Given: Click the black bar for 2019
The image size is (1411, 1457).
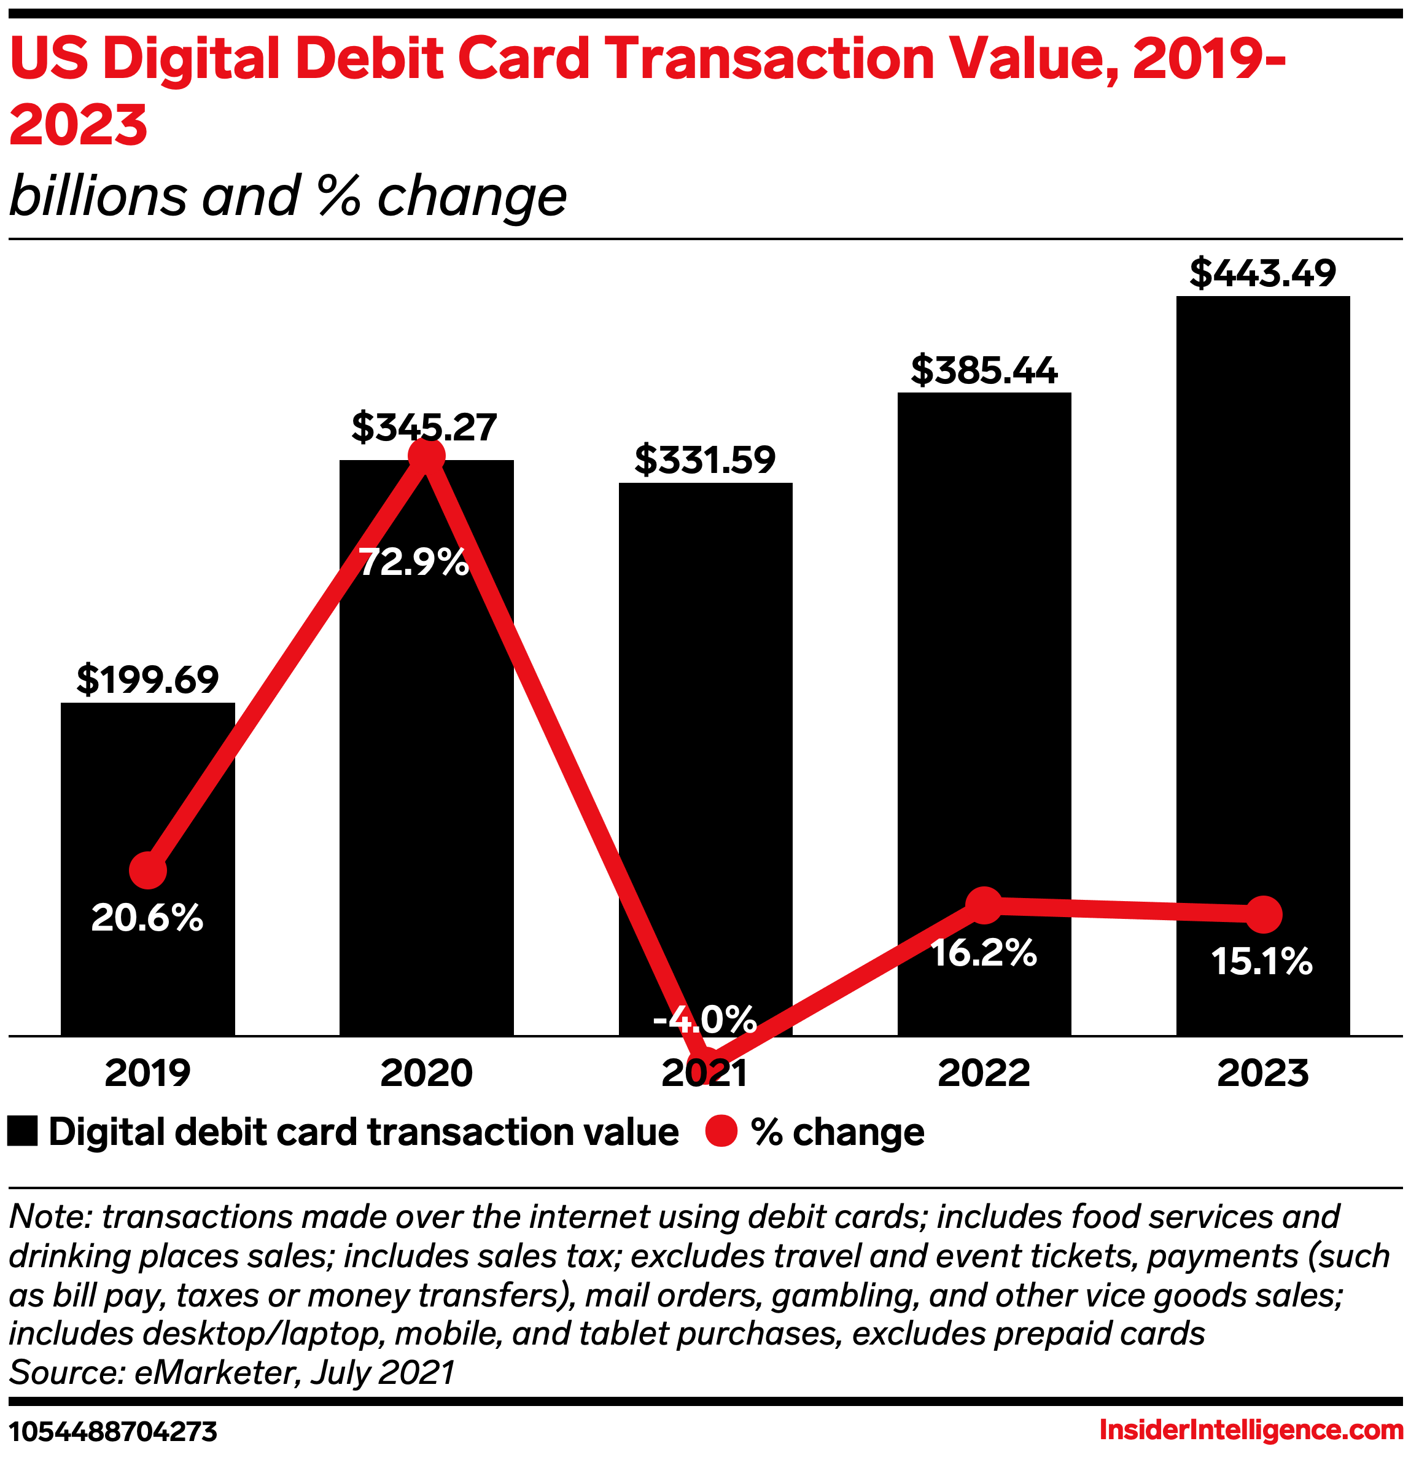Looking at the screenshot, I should pyautogui.click(x=147, y=788).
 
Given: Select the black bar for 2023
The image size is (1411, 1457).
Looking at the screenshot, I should pyautogui.click(x=1262, y=595).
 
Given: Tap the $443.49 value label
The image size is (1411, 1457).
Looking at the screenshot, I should pyautogui.click(x=1262, y=273).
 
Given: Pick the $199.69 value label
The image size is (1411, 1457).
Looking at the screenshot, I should pyautogui.click(x=147, y=679).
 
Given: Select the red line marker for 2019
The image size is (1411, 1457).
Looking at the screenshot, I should pyautogui.click(x=147, y=870).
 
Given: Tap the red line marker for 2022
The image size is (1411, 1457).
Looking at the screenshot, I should pyautogui.click(x=984, y=904).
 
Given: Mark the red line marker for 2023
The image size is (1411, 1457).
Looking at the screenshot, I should pyautogui.click(x=1263, y=915).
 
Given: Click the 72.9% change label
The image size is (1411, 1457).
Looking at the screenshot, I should pyautogui.click(x=413, y=563).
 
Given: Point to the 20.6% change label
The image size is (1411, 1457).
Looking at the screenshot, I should pyautogui.click(x=147, y=918).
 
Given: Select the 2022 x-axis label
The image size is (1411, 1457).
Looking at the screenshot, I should pyautogui.click(x=984, y=1072).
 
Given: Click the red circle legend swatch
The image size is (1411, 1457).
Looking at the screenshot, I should pyautogui.click(x=721, y=1131).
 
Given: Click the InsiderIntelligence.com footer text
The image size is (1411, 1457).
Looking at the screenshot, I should pyautogui.click(x=1251, y=1429).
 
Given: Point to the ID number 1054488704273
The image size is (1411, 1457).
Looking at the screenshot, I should pyautogui.click(x=113, y=1431).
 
